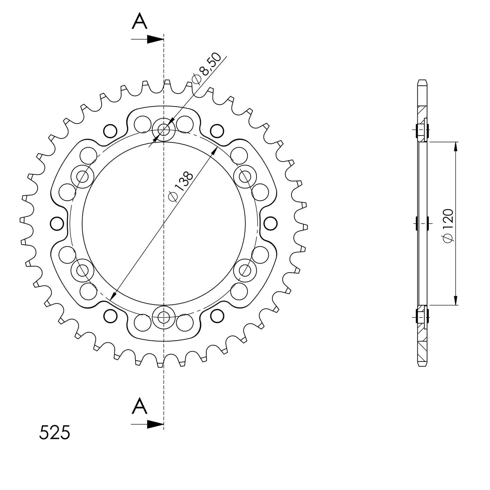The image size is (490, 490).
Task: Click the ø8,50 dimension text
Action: [206, 69]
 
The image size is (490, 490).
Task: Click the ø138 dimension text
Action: [180, 186]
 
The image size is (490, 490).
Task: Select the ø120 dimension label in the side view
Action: [448, 226]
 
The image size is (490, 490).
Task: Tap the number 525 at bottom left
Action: [55, 433]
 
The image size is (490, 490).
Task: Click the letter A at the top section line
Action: [140, 22]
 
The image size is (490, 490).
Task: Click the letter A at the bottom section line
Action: [140, 406]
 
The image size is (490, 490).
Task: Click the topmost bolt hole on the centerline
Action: [164, 130]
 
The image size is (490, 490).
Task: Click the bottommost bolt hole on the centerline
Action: [164, 317]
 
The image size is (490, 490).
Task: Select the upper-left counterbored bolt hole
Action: [83, 177]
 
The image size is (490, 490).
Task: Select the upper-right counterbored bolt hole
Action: [245, 177]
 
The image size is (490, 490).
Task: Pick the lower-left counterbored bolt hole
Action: [83, 270]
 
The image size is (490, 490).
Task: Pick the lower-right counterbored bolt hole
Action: [245, 270]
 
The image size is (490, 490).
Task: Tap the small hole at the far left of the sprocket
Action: [57, 224]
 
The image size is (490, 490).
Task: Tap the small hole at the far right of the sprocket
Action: [270, 224]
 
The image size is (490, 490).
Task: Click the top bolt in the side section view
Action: [422, 130]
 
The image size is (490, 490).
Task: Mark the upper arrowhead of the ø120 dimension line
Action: [456, 147]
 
